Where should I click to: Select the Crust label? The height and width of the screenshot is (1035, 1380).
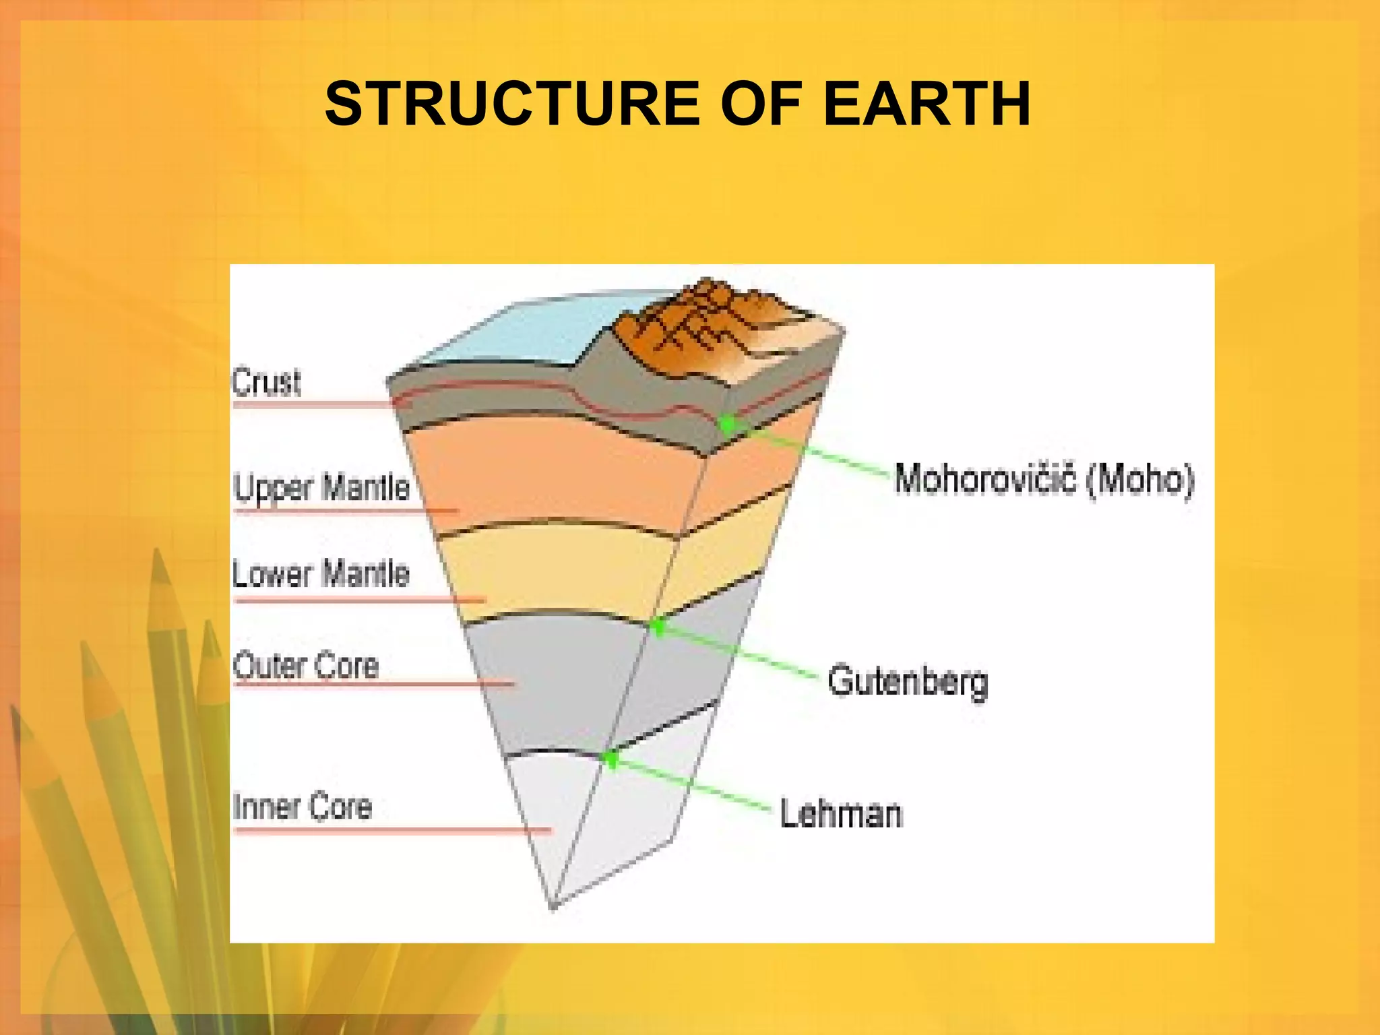tap(266, 382)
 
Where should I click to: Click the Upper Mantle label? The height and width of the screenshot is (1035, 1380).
tap(321, 487)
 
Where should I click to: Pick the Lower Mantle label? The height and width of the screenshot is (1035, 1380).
tap(321, 573)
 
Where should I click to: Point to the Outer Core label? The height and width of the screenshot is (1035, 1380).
tap(305, 666)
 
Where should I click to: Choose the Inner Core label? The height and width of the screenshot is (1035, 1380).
tap(302, 807)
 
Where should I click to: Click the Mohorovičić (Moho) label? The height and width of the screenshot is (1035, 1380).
tap(1044, 479)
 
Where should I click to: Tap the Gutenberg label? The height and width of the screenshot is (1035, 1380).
tap(907, 681)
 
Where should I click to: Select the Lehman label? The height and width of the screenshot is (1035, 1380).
tap(840, 813)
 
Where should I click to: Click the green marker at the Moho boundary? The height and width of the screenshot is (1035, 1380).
tap(728, 424)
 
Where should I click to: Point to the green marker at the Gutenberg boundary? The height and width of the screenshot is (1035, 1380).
tap(658, 627)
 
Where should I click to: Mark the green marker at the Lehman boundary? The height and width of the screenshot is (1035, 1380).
tap(610, 759)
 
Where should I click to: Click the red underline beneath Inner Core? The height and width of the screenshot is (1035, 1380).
tap(391, 830)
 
